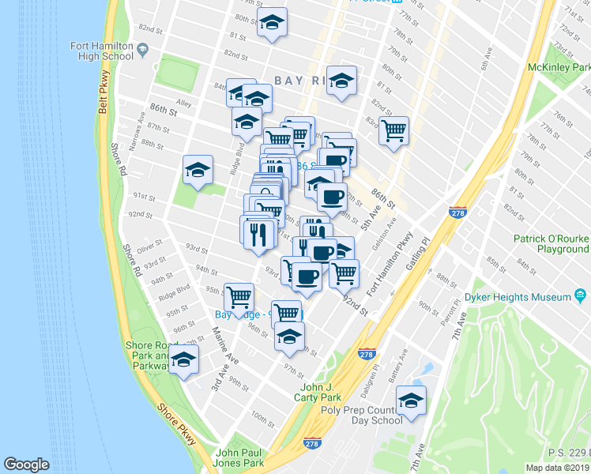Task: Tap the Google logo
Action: pos(26,465)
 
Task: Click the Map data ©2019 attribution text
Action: pos(556,467)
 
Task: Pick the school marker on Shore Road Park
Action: pos(184,359)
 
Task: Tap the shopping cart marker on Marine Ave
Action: pos(239,296)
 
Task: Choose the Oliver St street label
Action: pos(149,246)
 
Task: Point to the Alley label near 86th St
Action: pos(184,102)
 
